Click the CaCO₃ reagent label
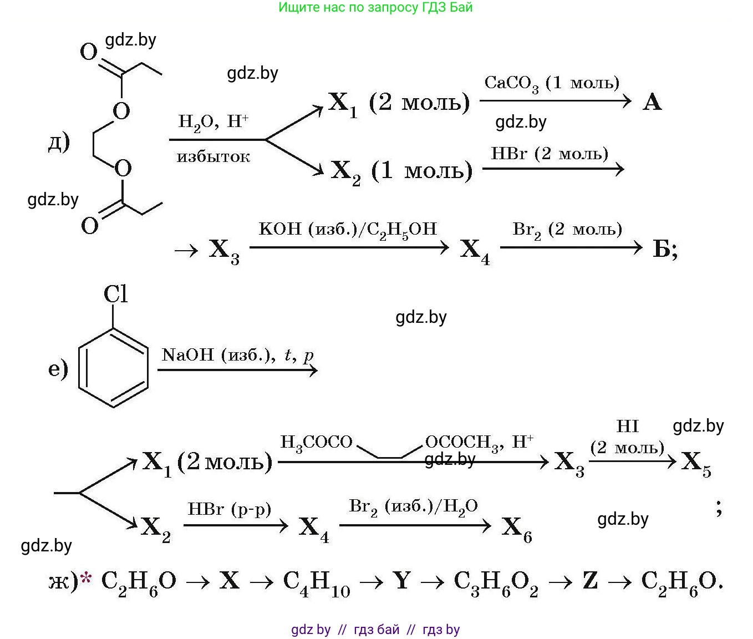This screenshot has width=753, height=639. pos(511,84)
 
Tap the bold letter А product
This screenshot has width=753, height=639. pos(652,102)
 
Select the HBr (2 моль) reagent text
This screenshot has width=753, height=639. pos(550,154)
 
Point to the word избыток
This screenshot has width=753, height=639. pos(213,157)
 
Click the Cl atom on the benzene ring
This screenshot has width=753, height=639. pos(115,294)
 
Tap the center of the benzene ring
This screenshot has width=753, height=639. pos(113,367)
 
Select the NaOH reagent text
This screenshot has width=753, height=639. pos(188,354)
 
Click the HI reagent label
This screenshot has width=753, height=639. pos(627,426)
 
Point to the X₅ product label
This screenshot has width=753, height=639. pos(696,463)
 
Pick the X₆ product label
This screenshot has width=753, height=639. pos(517,529)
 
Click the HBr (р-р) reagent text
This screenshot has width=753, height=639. pos(230,509)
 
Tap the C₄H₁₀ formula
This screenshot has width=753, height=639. pos(317,582)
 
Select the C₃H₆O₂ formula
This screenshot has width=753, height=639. pos(496,582)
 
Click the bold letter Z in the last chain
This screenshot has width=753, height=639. pos(590,580)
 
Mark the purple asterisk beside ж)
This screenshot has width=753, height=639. pos(86,577)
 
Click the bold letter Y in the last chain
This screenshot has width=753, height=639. pos(402,580)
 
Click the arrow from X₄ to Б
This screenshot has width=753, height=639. pos(571,247)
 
